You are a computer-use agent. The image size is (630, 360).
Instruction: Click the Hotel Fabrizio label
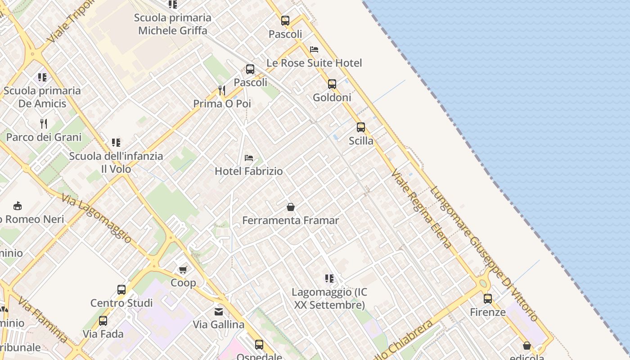[248, 171]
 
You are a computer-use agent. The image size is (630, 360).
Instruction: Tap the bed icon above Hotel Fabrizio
[248, 158]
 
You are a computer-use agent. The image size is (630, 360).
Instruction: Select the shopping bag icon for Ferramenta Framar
[291, 207]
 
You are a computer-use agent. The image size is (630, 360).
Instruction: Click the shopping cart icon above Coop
[183, 270]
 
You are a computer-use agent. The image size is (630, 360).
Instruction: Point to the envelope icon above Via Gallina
[219, 311]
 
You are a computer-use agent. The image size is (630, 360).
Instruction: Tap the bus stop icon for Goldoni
[332, 84]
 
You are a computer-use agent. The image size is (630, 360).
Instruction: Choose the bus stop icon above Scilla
[361, 127]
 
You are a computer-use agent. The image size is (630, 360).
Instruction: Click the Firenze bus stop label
[488, 312]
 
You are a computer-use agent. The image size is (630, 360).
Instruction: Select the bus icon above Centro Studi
[121, 290]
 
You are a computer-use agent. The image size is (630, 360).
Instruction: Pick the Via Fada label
[103, 334]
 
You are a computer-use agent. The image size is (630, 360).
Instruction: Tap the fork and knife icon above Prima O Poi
[222, 90]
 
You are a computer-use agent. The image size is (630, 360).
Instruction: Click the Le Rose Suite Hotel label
[314, 63]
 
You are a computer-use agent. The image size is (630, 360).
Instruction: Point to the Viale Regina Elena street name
[421, 209]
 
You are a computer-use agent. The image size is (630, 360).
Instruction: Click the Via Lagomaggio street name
[97, 219]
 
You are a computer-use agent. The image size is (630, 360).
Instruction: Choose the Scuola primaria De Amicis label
[42, 97]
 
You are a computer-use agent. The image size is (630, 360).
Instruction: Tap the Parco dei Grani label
[44, 137]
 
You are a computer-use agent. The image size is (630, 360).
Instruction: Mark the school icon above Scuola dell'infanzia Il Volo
[116, 143]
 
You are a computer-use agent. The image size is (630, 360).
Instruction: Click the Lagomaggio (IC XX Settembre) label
[329, 298]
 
